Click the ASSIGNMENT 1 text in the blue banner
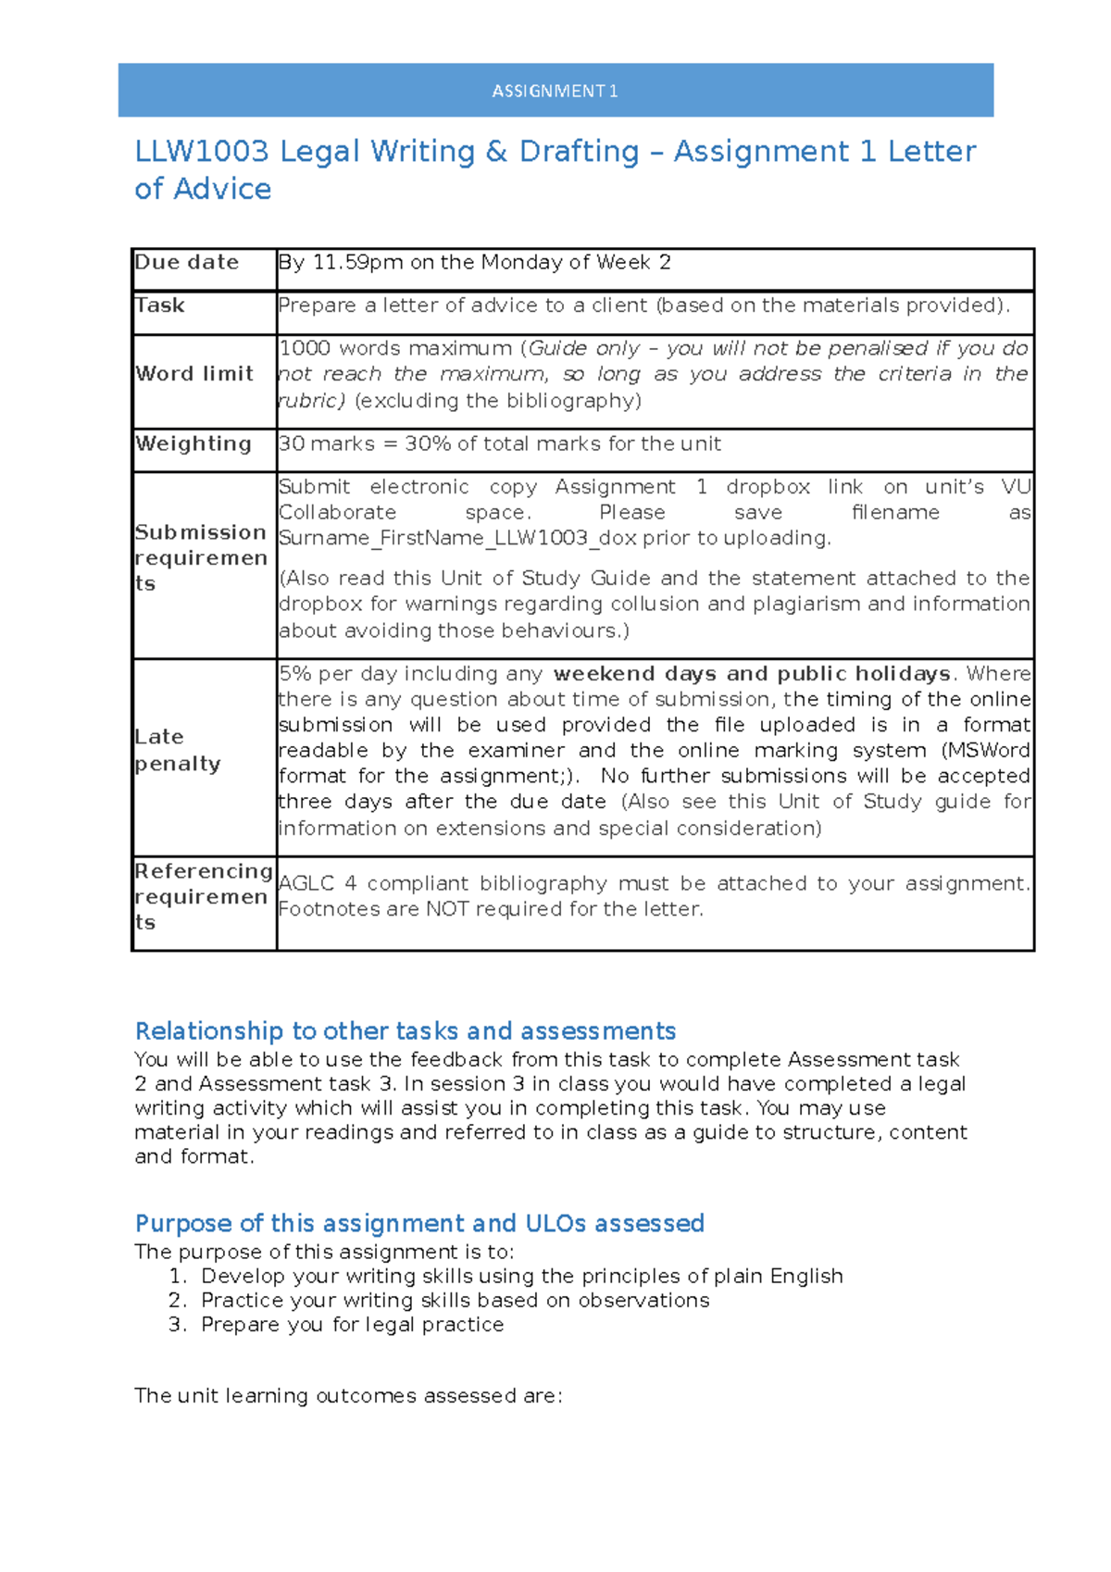pos(555,91)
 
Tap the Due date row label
pos(187,263)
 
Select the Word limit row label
pos(194,374)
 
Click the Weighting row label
pos(193,444)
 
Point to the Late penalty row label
pos(178,750)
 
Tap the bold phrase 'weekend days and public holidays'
pos(752,674)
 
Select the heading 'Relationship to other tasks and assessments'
pos(406,1031)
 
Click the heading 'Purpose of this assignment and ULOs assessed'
pos(419,1224)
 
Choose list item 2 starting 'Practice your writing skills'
pos(456,1301)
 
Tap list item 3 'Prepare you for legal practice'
pos(353,1325)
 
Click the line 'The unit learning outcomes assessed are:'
pos(348,1396)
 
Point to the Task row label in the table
pos(160,306)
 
